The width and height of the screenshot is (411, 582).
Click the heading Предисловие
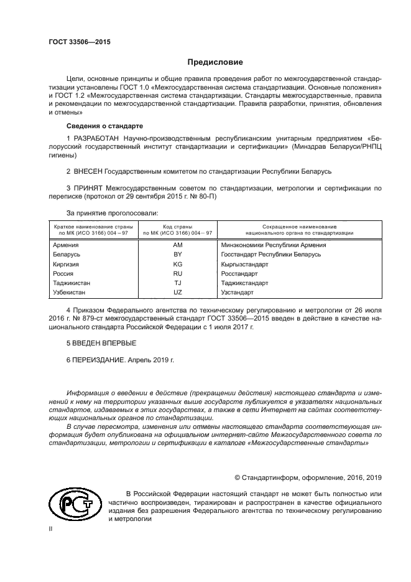pyautogui.click(x=215, y=62)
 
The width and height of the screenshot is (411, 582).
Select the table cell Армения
pyautogui.click(x=67, y=245)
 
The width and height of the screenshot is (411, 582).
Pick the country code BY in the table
pyautogui.click(x=177, y=255)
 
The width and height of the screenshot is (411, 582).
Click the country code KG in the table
pyautogui.click(x=177, y=264)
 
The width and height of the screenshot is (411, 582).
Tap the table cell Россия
pyautogui.click(x=64, y=273)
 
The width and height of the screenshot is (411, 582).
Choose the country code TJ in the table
pyautogui.click(x=177, y=283)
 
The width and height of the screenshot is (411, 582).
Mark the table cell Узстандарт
pyautogui.click(x=238, y=292)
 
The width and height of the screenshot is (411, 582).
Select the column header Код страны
pyautogui.click(x=177, y=227)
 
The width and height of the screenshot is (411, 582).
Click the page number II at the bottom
pyautogui.click(x=52, y=528)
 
